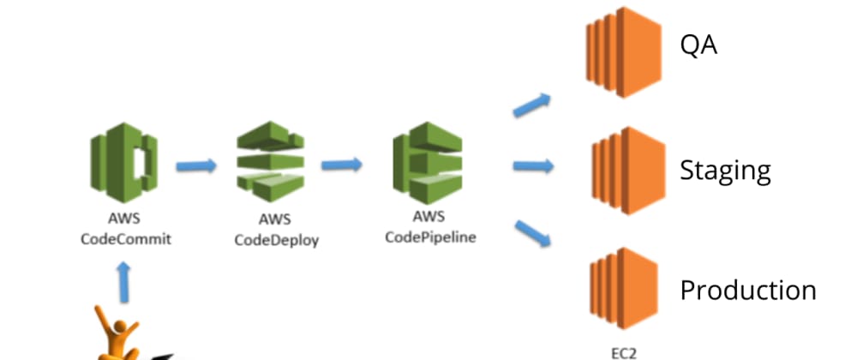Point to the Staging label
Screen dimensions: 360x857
(725, 170)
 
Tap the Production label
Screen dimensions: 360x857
(747, 290)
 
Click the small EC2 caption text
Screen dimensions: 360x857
(623, 350)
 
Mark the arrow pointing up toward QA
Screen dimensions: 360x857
(532, 105)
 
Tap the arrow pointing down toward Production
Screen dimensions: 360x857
(532, 232)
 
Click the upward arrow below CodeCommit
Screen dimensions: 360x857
(124, 281)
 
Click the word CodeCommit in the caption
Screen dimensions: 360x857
(125, 239)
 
